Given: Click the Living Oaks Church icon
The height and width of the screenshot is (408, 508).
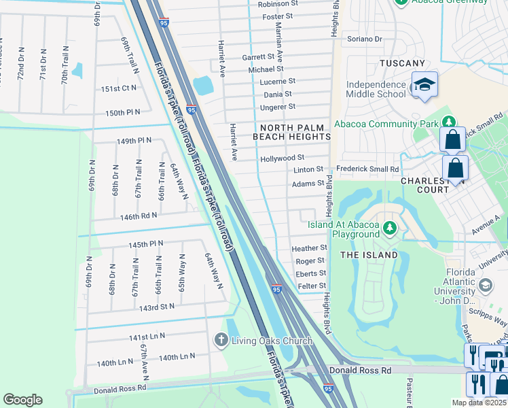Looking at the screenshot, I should (x=221, y=340).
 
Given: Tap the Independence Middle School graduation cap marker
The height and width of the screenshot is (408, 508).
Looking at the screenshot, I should (x=424, y=85).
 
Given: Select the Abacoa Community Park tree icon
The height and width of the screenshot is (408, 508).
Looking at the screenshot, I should (x=448, y=122).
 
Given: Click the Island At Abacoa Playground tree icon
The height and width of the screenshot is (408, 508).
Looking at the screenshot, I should (x=390, y=227).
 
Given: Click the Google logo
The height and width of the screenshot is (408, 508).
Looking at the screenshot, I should (x=22, y=400).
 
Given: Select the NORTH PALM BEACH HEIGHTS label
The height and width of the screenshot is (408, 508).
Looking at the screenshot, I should (x=291, y=132).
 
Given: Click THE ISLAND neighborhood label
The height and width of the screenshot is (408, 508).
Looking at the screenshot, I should (x=369, y=255).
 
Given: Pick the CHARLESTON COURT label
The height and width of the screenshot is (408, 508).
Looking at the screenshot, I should (x=434, y=185).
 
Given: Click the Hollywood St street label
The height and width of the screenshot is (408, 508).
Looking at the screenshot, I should (x=282, y=158).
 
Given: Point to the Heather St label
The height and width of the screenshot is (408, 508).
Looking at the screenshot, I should (x=309, y=248).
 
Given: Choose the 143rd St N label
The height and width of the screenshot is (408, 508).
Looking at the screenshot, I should (x=157, y=307).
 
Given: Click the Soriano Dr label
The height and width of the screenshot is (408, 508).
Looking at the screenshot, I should (x=365, y=39).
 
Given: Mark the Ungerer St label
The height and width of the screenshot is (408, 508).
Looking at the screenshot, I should (x=279, y=107).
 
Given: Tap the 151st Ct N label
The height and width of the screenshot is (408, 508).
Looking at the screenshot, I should (x=119, y=89).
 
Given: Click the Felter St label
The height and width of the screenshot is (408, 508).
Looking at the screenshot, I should (x=312, y=286).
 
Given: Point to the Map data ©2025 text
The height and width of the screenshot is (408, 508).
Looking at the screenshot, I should (x=479, y=403).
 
